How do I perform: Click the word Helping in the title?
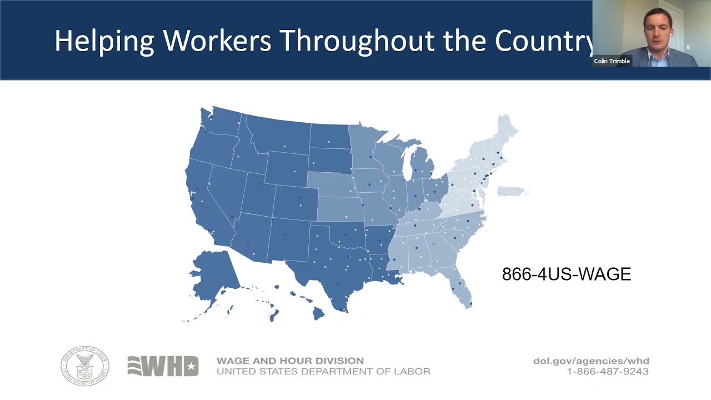coord(104,41)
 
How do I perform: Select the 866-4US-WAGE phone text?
coord(566,274)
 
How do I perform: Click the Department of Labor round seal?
coord(85,366)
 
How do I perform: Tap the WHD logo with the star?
coord(163,366)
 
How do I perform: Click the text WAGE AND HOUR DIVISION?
coord(290,361)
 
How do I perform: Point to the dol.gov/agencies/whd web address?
coord(591,361)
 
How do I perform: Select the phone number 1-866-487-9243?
coord(608,372)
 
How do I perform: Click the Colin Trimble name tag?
coord(612,62)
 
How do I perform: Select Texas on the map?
coord(333,261)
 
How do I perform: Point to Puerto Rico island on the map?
coord(512,192)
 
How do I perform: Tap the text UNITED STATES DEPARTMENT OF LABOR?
coord(323,372)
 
